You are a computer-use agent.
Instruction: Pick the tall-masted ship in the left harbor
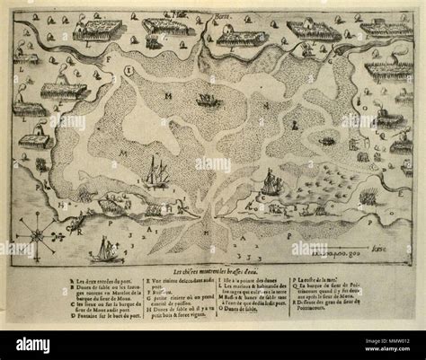pyautogui.click(x=158, y=171)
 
